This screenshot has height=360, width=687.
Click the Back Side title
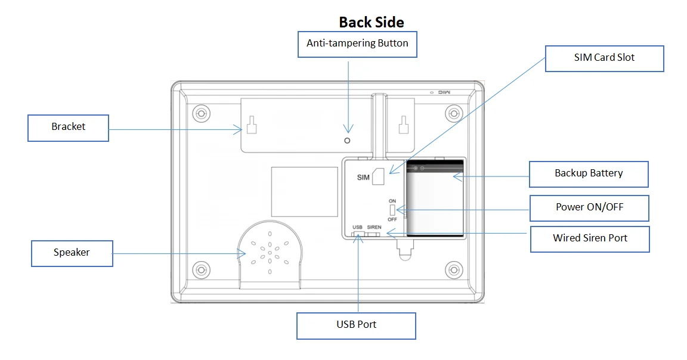pos(372,22)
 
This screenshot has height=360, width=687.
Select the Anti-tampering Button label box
pos(357,44)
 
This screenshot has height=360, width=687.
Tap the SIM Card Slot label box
pos(604,58)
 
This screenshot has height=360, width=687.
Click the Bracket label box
pos(69,127)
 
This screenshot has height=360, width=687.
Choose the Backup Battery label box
pos(589,173)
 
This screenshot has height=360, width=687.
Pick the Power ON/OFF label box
pos(589,207)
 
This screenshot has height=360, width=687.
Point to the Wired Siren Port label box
pos(590,238)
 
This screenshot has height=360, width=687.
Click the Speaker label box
pos(72,253)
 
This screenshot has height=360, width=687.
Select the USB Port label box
pos(356,325)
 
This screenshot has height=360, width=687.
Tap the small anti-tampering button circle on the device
pos(347,140)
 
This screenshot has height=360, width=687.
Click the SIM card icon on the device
pos(377,176)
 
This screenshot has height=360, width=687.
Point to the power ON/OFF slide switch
pos(392,210)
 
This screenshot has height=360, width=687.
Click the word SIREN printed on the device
pos(374,227)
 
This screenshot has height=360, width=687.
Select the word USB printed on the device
pos(357,227)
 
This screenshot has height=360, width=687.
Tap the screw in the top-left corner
pos(201,113)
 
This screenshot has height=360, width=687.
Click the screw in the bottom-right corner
pos(454,269)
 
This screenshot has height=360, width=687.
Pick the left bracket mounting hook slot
pos(252,125)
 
